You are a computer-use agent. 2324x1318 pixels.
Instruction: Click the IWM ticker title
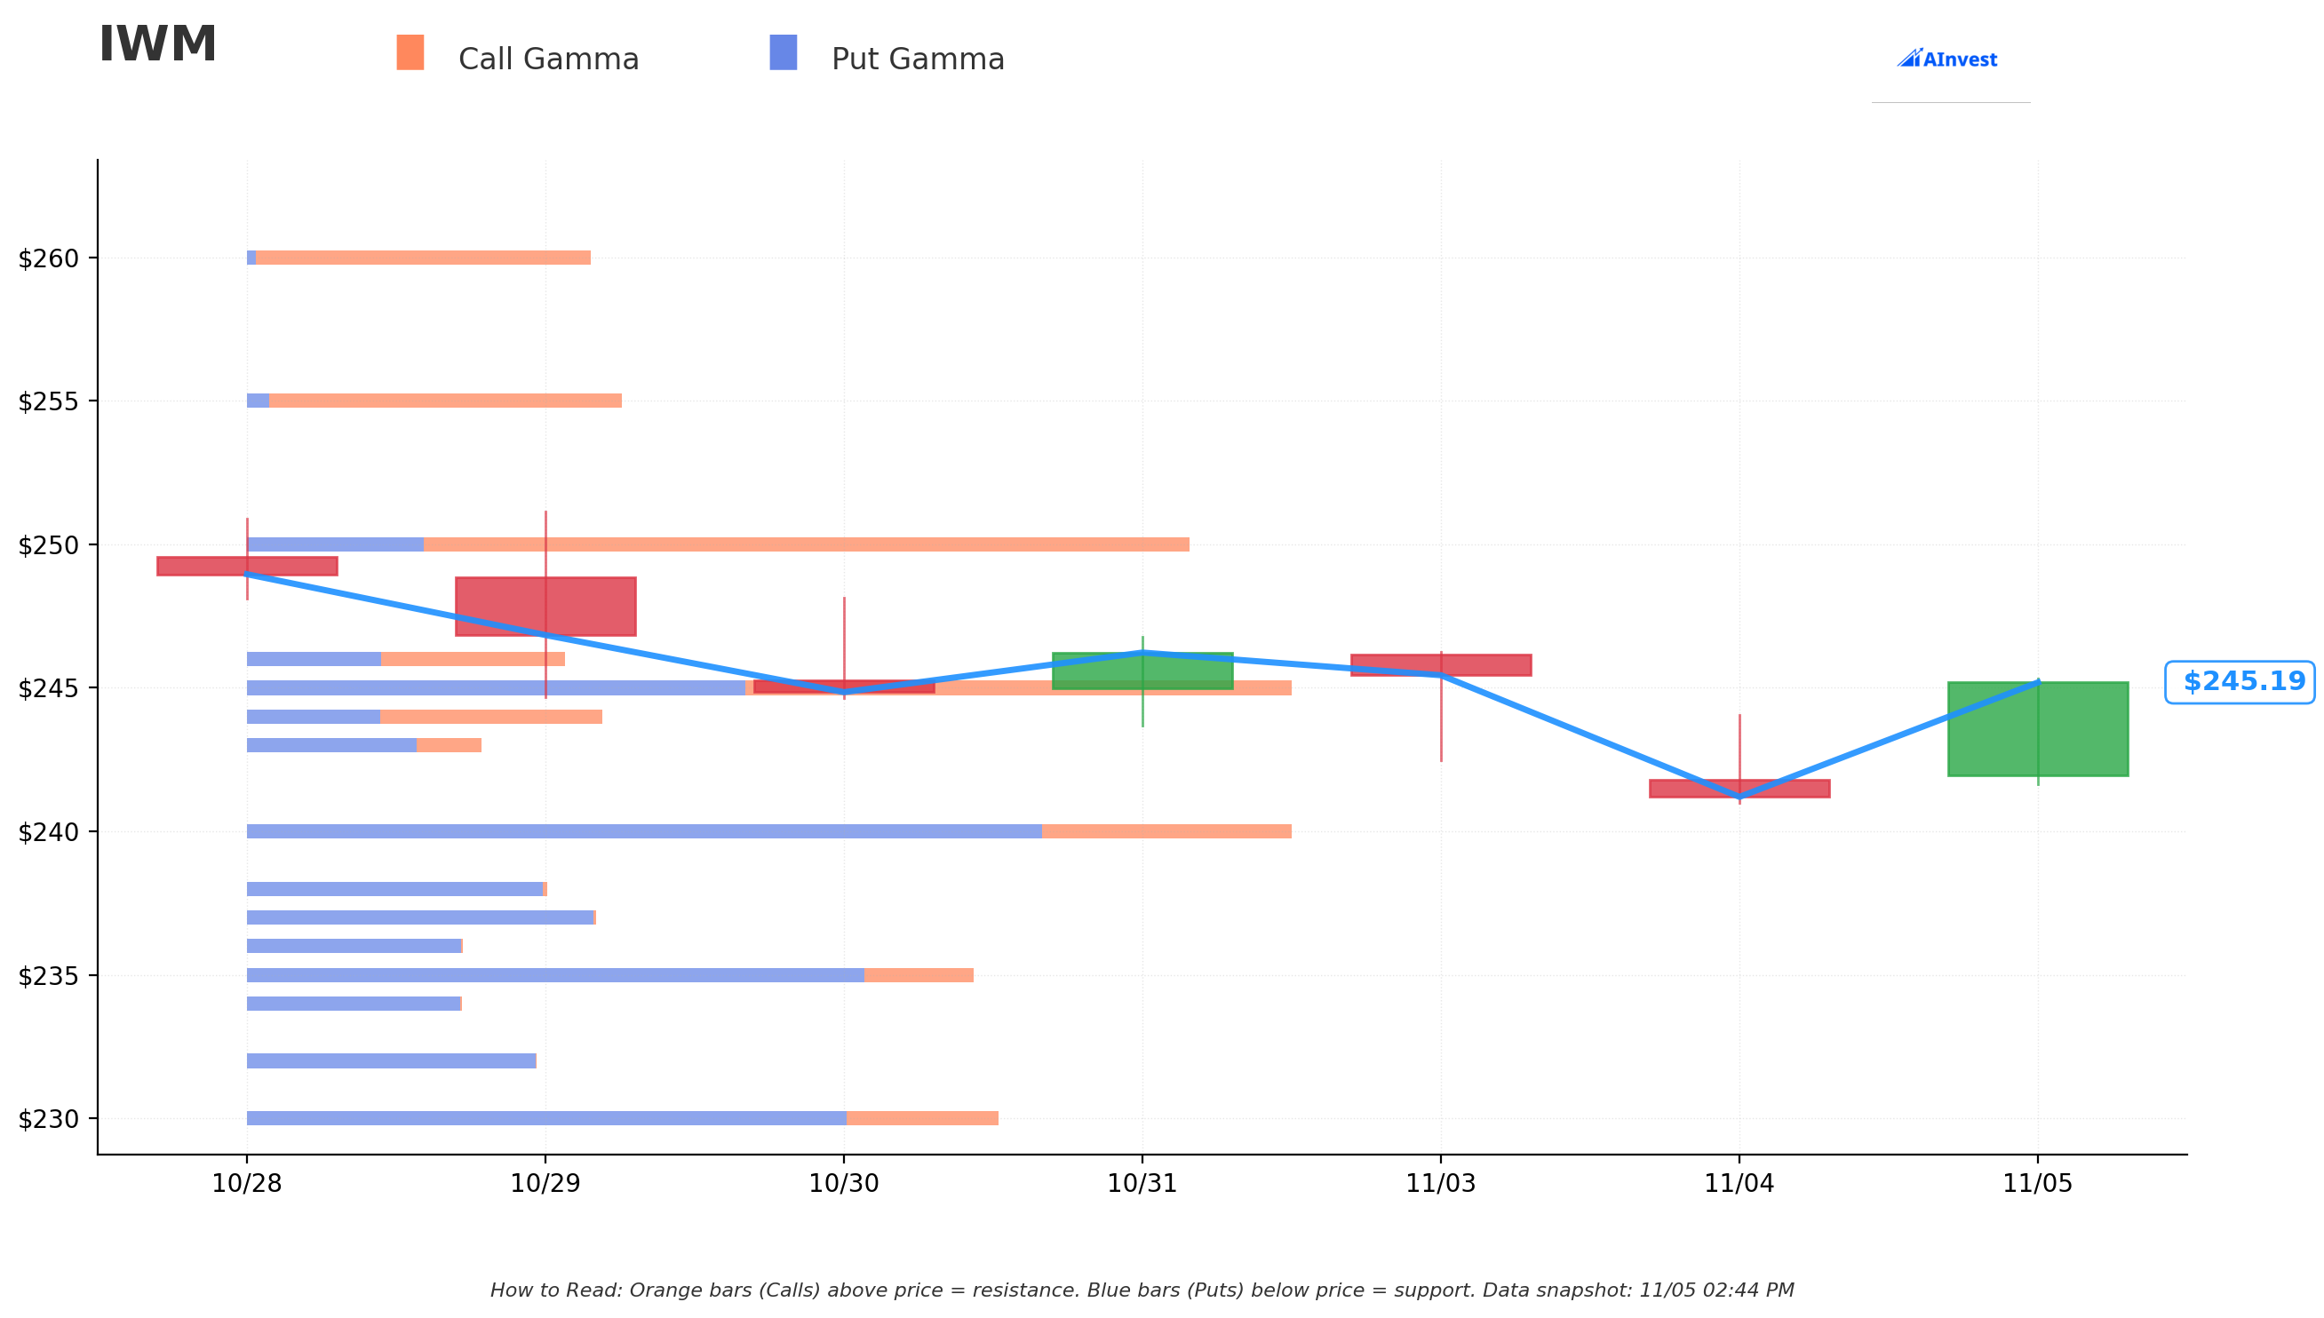click(x=157, y=44)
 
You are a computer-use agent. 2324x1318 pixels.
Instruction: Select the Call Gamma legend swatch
click(x=410, y=52)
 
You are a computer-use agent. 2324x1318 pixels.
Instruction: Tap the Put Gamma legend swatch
click(x=784, y=52)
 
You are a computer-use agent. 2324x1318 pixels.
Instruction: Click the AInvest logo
click(x=1946, y=59)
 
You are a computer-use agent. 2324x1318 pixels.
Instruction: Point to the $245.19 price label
click(x=2239, y=682)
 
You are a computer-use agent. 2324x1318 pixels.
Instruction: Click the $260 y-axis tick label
click(x=49, y=259)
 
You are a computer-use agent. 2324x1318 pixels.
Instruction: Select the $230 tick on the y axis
click(x=49, y=1120)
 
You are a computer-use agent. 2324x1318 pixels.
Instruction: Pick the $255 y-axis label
click(x=49, y=402)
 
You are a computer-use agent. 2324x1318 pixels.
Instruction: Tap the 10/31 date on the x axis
click(x=1142, y=1184)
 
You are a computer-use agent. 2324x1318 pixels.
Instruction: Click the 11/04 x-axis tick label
click(x=1739, y=1184)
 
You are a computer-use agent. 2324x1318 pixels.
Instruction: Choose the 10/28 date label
click(x=247, y=1184)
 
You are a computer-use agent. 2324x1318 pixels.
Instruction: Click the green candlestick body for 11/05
click(x=2038, y=728)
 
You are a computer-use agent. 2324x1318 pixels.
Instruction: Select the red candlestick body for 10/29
click(x=546, y=607)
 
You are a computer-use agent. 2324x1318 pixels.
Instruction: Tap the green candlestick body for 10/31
click(x=1142, y=671)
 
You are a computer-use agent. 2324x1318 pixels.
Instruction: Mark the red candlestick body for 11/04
click(x=1739, y=789)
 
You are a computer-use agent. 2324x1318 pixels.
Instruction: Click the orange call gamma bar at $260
click(x=423, y=258)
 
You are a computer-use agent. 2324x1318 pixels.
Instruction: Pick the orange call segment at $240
click(x=1167, y=832)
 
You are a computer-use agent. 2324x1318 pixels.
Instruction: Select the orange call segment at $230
click(x=922, y=1119)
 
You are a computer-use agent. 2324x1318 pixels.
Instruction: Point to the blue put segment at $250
click(x=335, y=545)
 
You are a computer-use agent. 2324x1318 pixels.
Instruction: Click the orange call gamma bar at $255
click(x=445, y=401)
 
